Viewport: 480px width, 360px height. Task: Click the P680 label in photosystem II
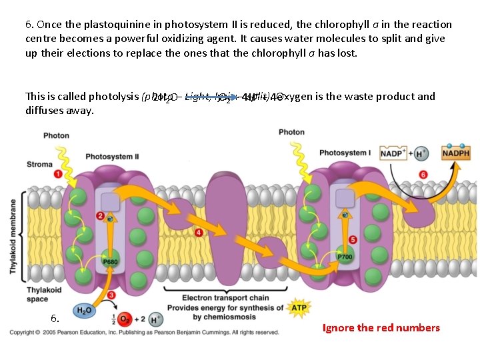pos(111,262)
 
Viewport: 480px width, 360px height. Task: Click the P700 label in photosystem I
pos(345,256)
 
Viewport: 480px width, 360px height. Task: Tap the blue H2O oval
pos(85,309)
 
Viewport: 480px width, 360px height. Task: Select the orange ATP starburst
pos(299,307)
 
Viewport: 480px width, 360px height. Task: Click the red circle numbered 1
pos(58,174)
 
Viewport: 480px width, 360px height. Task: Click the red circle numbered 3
pos(111,295)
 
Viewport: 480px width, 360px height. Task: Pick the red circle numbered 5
pos(353,239)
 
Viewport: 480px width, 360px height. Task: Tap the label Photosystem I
pos(344,153)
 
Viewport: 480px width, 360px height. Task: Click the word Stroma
pos(39,163)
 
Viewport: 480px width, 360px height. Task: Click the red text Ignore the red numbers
pos(381,327)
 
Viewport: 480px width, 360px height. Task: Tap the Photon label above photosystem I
pos(291,132)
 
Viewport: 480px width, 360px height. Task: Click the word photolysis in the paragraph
pos(113,97)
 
